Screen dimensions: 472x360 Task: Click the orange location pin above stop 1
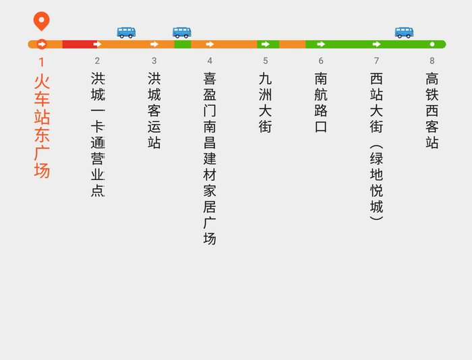tap(42, 21)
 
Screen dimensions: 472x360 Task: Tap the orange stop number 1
tap(42, 61)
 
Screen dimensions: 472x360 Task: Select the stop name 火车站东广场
tap(42, 125)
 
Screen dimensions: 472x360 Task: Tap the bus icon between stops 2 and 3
tap(126, 32)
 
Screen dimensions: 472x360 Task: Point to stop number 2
tap(97, 61)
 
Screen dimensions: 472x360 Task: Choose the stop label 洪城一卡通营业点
tap(98, 134)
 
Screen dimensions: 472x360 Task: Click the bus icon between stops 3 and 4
tap(182, 32)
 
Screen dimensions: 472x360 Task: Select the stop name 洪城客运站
tap(154, 110)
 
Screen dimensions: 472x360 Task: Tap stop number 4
tap(210, 61)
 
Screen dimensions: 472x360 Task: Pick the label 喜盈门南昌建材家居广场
tap(210, 158)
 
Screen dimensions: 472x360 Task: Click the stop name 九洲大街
tap(266, 102)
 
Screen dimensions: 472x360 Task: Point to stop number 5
tap(266, 61)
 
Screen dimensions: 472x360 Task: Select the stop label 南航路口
tap(321, 102)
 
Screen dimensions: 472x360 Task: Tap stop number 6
tap(321, 61)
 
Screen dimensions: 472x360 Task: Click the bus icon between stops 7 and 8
tap(404, 32)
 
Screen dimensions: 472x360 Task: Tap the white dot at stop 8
tap(432, 44)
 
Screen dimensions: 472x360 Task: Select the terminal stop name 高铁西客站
tap(432, 110)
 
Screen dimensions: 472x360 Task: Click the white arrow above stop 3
tap(154, 44)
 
